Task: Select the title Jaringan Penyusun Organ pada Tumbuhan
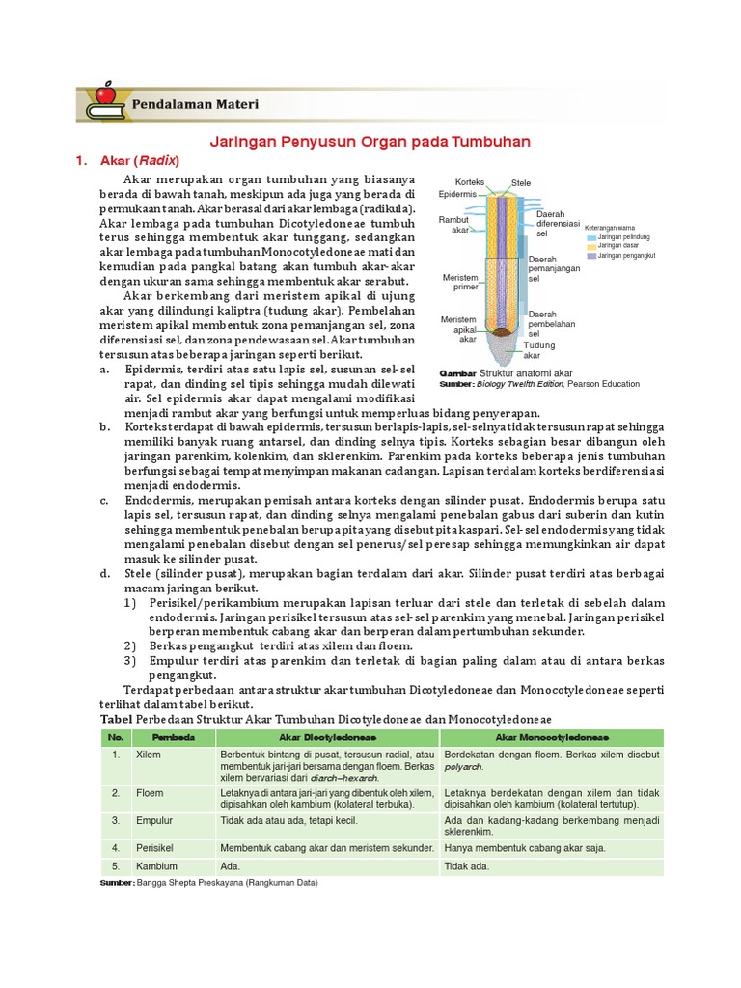point(370,141)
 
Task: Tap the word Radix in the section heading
point(159,160)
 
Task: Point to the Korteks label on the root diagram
point(469,182)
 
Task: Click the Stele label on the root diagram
point(521,183)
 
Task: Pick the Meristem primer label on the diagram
point(460,282)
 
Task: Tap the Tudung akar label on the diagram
point(538,349)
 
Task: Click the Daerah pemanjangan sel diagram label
point(553,270)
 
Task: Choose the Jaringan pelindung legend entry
point(623,236)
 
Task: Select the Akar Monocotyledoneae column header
point(551,736)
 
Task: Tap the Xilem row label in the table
point(149,755)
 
